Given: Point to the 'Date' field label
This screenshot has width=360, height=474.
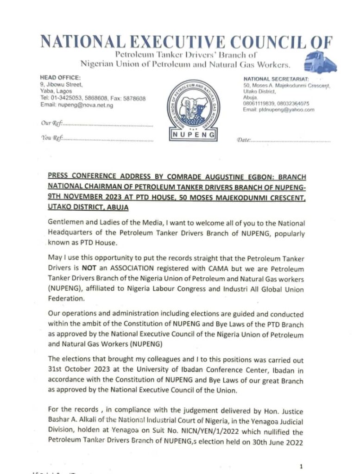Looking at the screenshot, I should pos(244,139).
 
